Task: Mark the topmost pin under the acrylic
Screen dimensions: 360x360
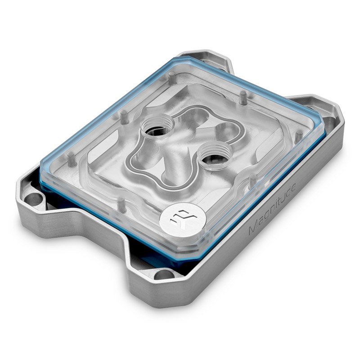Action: (x=242, y=95)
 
